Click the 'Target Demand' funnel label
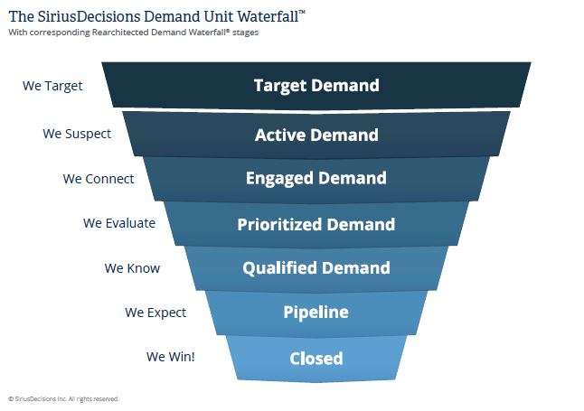coord(316,87)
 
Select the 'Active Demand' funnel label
coord(316,135)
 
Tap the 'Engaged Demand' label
coord(316,179)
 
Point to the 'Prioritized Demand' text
coord(316,225)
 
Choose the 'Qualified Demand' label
coord(316,268)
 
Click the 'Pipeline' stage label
coord(316,313)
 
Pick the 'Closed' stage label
coord(316,359)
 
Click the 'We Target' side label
coord(52,87)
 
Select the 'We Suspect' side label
coord(77,134)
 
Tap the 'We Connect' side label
coord(99,179)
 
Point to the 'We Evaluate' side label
coord(119,223)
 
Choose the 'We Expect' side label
coord(155,313)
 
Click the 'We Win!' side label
coord(171,357)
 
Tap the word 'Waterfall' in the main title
coord(246,15)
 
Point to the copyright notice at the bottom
coord(63,398)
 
